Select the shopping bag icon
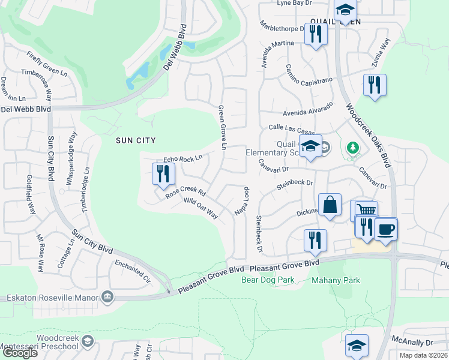point(330,205)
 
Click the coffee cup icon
point(386,228)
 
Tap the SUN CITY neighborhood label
point(136,140)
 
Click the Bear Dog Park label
point(268,280)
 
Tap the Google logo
point(19,353)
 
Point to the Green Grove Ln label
point(222,128)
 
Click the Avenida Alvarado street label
point(308,113)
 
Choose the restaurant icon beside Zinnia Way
point(375,84)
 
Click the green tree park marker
point(353,147)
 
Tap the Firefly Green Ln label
point(47,62)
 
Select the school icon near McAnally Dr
point(357,345)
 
